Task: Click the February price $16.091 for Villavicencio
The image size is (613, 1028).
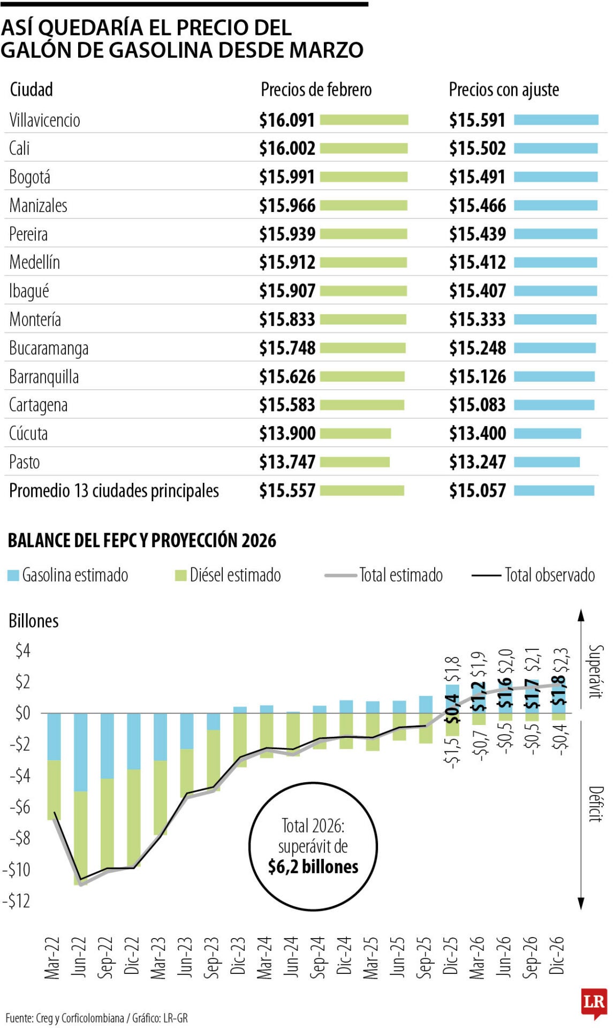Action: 287,120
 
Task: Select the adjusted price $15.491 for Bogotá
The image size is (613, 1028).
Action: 477,177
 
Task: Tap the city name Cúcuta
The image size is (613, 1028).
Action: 28,433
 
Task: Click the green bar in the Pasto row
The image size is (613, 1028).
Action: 355,462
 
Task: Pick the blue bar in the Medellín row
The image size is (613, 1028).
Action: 555,262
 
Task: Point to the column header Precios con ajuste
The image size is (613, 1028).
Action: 503,89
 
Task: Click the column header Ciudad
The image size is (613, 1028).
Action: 31,89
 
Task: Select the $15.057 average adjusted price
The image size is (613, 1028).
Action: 477,490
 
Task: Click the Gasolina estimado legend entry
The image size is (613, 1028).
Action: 68,575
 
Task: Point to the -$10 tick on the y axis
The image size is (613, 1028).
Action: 16,870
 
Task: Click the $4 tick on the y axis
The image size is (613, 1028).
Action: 22,651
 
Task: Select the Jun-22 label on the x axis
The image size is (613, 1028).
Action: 79,957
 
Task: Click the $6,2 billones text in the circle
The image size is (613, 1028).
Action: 313,866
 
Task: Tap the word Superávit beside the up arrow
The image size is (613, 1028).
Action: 595,671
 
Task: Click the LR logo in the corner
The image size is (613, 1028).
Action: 594,1001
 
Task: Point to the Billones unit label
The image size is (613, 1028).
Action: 33,621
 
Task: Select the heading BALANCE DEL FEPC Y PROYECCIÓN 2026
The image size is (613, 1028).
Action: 142,540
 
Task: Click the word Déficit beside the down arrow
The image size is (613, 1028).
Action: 595,804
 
